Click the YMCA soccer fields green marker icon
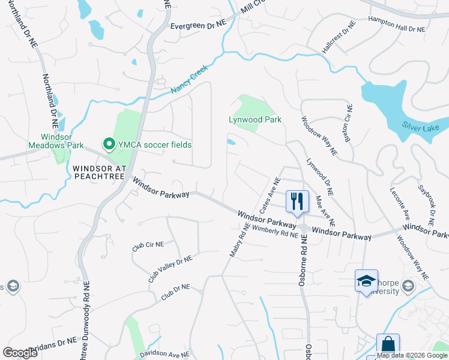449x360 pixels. pyautogui.click(x=109, y=144)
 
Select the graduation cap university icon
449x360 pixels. pyautogui.click(x=366, y=281)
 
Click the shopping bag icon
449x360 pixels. pyautogui.click(x=388, y=345)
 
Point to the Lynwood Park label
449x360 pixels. pyautogui.click(x=255, y=119)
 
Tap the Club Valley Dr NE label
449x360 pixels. pyautogui.click(x=170, y=268)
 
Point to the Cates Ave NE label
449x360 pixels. pyautogui.click(x=270, y=196)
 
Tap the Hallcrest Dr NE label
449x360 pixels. pyautogui.click(x=338, y=38)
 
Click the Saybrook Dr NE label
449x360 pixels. pyautogui.click(x=426, y=205)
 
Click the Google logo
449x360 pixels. pyautogui.click(x=20, y=353)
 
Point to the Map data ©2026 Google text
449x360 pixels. pyautogui.click(x=411, y=355)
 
